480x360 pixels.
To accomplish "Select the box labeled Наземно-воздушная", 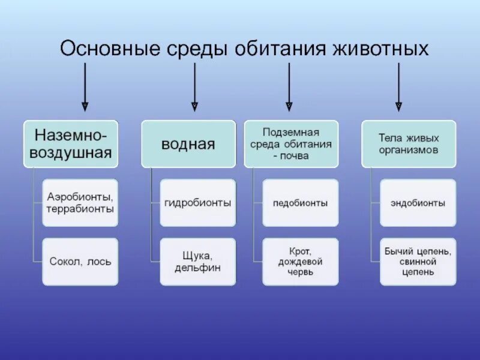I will pos(71,143).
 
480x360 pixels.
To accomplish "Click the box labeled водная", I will pos(188,143).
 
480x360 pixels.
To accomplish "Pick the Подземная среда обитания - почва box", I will pos(291,143).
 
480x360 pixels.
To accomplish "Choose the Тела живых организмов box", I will pos(409,143).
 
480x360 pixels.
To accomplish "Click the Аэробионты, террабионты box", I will pos(80,203).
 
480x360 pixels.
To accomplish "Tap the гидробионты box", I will pos(198,203).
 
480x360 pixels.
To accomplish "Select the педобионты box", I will pos(301,203).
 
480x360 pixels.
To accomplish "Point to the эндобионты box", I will pos(418,203).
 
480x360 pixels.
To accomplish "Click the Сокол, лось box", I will pos(80,262).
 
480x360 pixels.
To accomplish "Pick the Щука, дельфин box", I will pos(198,262).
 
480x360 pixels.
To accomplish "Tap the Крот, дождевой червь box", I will pos(301,262).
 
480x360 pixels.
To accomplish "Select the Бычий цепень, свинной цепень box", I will pos(418,262).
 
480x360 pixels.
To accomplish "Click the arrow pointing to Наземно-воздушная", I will pos(85,87).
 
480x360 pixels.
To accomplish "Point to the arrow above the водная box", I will pos(194,87).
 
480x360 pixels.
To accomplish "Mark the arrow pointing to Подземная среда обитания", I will pos(289,87).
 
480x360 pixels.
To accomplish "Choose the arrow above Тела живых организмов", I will pos(398,87).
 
